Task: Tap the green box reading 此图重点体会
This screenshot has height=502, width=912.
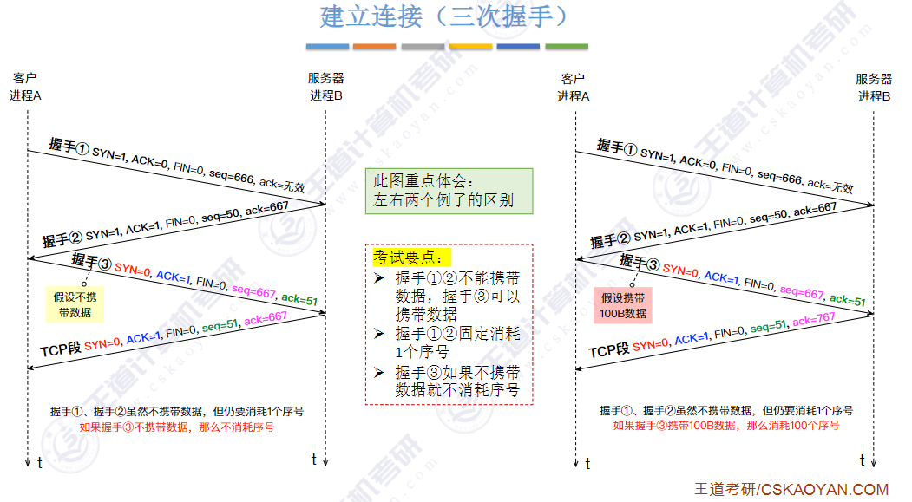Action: click(447, 191)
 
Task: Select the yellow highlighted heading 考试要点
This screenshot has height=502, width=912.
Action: click(412, 258)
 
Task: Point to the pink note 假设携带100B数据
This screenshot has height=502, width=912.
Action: click(624, 304)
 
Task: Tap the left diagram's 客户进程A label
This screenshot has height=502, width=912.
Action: click(25, 88)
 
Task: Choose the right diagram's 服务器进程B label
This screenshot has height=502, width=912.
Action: click(873, 88)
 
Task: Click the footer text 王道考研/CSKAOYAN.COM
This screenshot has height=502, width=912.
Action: click(791, 490)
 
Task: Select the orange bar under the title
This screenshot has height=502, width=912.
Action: click(375, 46)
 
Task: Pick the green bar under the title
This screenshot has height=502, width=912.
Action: click(567, 46)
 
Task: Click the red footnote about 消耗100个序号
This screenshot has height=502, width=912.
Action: click(726, 426)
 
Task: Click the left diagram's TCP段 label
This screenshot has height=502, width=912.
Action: click(61, 349)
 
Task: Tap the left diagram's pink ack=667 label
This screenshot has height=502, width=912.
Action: click(265, 318)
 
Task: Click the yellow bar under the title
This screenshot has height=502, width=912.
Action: click(470, 46)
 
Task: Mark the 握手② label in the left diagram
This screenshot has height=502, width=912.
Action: click(62, 239)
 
